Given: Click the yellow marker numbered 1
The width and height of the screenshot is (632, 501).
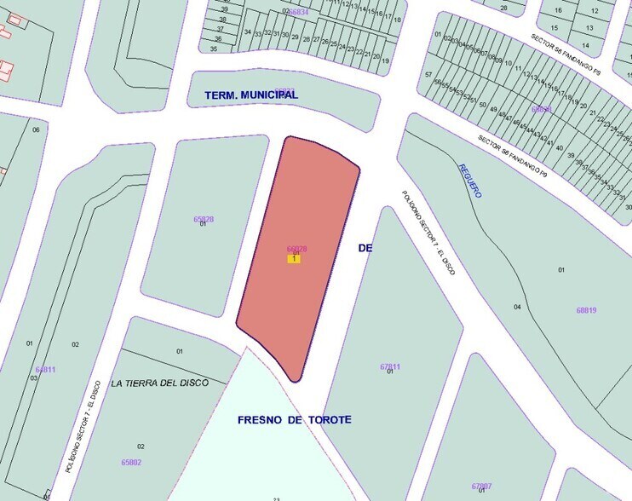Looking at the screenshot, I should point(294,258).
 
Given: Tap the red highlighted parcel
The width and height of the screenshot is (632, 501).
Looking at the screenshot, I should point(298,222).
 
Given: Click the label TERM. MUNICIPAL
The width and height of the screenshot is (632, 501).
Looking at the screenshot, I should point(251,95).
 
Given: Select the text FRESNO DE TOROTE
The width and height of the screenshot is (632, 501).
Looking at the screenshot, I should point(294,420).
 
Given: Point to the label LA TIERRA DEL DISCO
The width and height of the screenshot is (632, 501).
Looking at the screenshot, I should point(159,383).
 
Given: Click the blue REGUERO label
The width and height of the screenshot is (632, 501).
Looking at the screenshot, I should point(469,181).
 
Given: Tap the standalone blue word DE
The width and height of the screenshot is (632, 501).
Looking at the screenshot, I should point(365,248).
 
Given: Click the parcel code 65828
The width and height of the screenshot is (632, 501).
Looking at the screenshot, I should point(203,219).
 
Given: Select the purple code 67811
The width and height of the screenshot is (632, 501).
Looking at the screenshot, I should point(390,366).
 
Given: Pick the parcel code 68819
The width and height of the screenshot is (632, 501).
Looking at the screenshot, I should point(586,310).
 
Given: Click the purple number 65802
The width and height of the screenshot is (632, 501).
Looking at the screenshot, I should point(131,462).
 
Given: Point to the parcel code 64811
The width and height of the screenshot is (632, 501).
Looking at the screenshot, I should point(45,370).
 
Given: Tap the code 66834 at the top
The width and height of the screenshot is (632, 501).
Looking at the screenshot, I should point(298,12).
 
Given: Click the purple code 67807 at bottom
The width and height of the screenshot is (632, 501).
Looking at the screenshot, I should point(481,485).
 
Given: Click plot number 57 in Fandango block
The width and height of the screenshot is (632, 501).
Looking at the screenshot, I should point(428,75).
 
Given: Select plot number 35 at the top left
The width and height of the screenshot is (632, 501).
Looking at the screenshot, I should point(214,49).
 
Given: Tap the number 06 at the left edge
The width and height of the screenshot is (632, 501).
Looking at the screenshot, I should point(36,130).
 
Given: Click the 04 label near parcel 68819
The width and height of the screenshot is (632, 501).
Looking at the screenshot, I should point(517,307).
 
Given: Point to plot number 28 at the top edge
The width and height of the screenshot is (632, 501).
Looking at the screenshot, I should point(503,9).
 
